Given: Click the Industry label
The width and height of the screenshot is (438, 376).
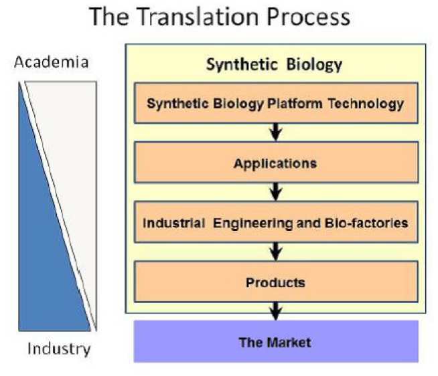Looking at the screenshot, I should click(58, 349).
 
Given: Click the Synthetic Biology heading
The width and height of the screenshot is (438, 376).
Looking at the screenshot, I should click(274, 65).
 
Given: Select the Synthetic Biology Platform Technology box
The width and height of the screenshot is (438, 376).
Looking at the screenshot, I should click(275, 104).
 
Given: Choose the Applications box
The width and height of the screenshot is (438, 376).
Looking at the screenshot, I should click(275, 163).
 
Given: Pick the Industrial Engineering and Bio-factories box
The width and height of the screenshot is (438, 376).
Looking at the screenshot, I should click(275, 223).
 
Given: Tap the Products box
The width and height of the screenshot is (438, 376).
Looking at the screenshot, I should click(275, 282).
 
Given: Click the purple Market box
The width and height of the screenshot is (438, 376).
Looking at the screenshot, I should click(275, 342).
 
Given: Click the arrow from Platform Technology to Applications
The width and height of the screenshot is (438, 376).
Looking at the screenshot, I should click(275, 133).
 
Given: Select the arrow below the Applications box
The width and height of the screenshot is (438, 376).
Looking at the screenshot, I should click(275, 193).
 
